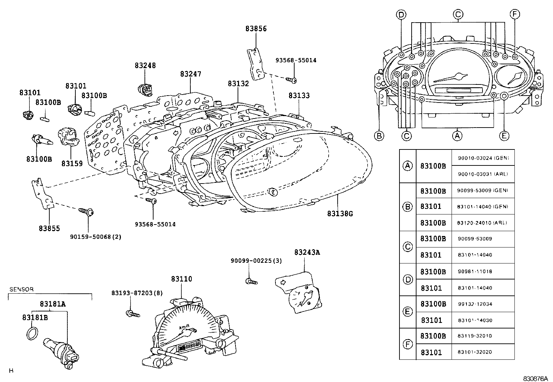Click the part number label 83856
click(x=256, y=29)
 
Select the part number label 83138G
click(x=340, y=214)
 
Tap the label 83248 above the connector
click(x=145, y=65)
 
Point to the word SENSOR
click(x=21, y=289)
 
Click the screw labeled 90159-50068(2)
click(x=86, y=211)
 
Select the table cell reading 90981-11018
click(x=474, y=271)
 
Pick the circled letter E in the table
click(x=407, y=312)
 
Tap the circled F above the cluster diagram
click(x=514, y=14)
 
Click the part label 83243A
click(x=307, y=252)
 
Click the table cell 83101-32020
click(x=474, y=352)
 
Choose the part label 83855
click(x=49, y=228)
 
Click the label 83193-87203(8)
click(x=137, y=293)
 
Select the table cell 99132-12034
click(x=474, y=304)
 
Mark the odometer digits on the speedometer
click(x=190, y=346)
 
